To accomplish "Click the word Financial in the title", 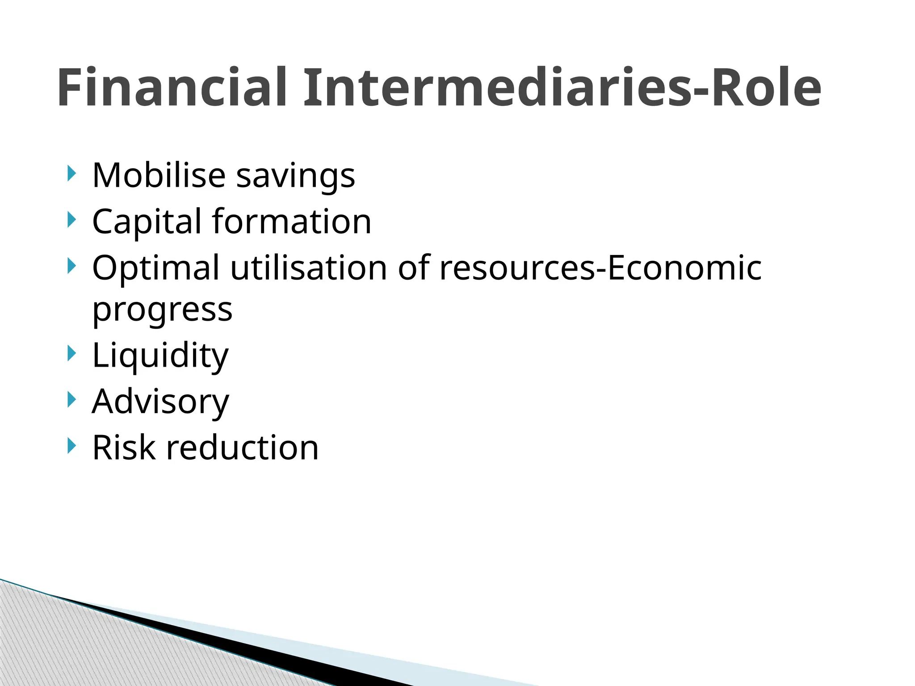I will pyautogui.click(x=172, y=88).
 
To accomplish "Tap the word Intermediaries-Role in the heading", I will pyautogui.click(x=562, y=88).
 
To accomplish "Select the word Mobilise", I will pyautogui.click(x=159, y=175).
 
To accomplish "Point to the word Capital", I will pyautogui.click(x=147, y=222).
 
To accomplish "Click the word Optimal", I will pyautogui.click(x=156, y=268).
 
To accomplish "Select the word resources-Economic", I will pyautogui.click(x=600, y=268).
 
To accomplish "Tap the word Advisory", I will pyautogui.click(x=160, y=402).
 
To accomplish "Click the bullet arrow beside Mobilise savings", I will pyautogui.click(x=71, y=173).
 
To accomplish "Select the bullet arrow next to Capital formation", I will pyautogui.click(x=71, y=220).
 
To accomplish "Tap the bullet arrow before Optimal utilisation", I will pyautogui.click(x=71, y=266).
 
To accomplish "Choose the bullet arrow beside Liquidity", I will pyautogui.click(x=71, y=353).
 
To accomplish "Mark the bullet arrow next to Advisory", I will pyautogui.click(x=71, y=399).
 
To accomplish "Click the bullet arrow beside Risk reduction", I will pyautogui.click(x=71, y=445).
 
